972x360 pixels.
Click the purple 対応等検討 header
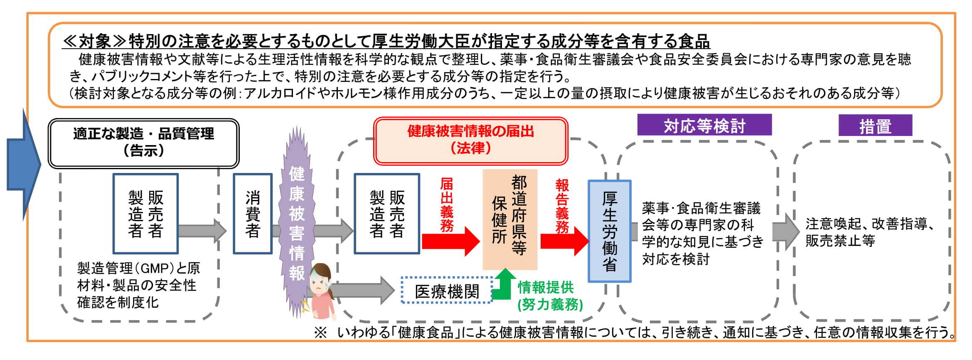tap(704, 125)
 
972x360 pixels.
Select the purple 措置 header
tap(875, 126)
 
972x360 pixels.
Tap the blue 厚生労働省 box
tap(609, 231)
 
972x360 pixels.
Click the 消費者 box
tap(253, 214)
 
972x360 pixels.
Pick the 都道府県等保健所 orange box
tap(509, 219)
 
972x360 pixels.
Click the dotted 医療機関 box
tap(447, 291)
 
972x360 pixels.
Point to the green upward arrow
tap(503, 284)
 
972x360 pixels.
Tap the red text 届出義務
tap(447, 204)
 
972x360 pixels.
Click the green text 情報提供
tap(545, 287)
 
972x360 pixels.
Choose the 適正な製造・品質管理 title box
tap(143, 143)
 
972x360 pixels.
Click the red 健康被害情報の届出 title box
tap(470, 140)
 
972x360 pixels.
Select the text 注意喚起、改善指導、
tap(870, 224)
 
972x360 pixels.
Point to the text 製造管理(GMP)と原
tap(138, 268)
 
